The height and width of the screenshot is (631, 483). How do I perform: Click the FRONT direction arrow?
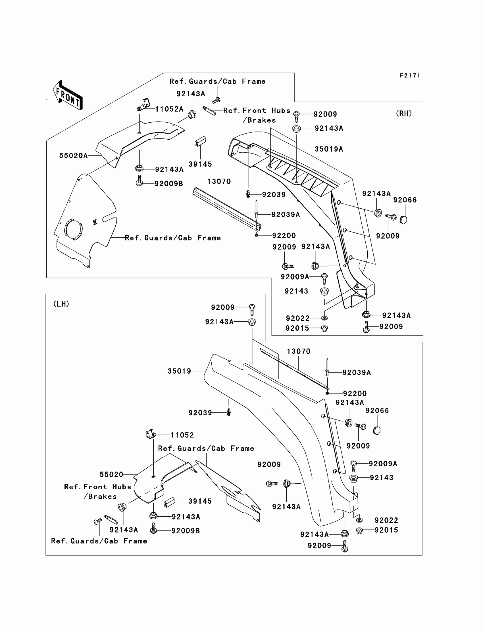pyautogui.click(x=68, y=95)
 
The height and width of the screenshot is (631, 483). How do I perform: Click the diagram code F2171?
pyautogui.click(x=410, y=76)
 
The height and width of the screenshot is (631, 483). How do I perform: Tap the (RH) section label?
pyautogui.click(x=404, y=114)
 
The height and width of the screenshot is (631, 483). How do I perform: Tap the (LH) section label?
pyautogui.click(x=61, y=304)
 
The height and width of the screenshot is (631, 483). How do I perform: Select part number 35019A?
pyautogui.click(x=329, y=149)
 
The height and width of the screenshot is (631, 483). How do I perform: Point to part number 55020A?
pyautogui.click(x=73, y=156)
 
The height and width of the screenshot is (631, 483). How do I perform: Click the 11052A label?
pyautogui.click(x=169, y=109)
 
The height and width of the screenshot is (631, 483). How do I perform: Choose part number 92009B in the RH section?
pyautogui.click(x=169, y=184)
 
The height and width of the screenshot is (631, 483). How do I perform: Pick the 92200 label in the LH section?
pyautogui.click(x=355, y=393)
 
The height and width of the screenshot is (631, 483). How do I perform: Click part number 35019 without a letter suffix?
pyautogui.click(x=179, y=371)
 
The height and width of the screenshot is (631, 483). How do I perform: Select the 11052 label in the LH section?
pyautogui.click(x=182, y=435)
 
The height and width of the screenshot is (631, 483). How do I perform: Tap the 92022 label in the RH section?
pyautogui.click(x=297, y=318)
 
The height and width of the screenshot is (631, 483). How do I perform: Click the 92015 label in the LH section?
pyautogui.click(x=386, y=530)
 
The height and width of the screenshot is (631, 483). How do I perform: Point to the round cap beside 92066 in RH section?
pyautogui.click(x=403, y=220)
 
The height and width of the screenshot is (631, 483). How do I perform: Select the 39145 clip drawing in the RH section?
pyautogui.click(x=200, y=141)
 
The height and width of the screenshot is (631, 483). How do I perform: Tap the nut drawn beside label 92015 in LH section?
pyautogui.click(x=359, y=531)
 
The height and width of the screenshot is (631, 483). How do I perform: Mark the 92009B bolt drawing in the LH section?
pyautogui.click(x=153, y=528)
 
